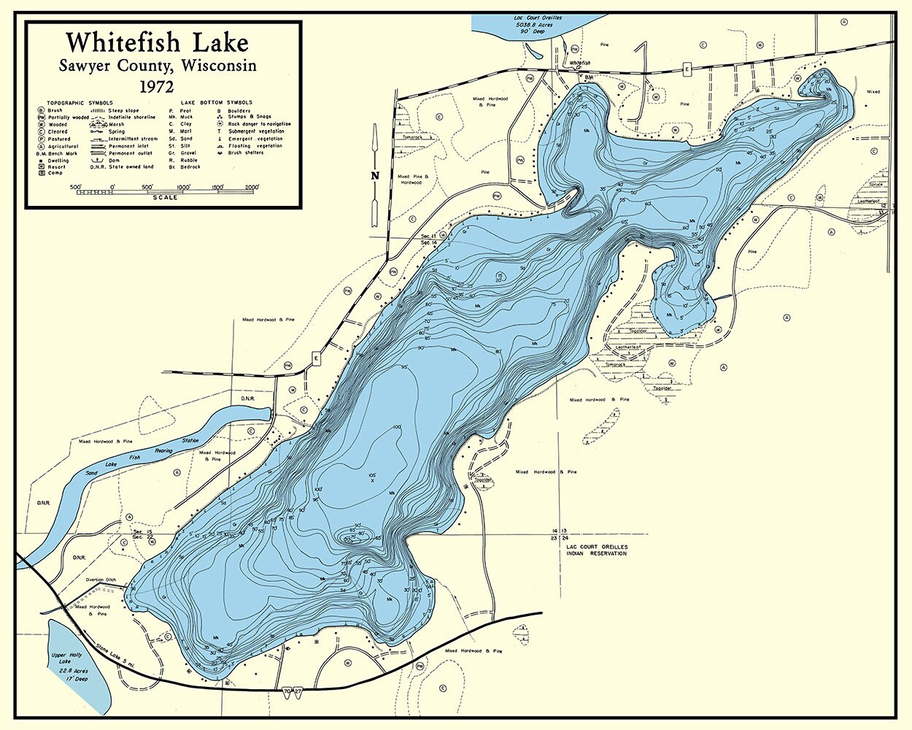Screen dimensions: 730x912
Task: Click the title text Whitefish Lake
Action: [x=157, y=43]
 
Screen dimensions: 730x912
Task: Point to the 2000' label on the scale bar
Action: [x=252, y=187]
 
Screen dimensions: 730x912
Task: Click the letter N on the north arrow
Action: [x=375, y=175]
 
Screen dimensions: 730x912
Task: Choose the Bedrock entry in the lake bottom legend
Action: [x=189, y=167]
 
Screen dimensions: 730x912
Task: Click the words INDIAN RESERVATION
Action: [x=596, y=553]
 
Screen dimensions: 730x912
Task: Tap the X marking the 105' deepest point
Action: [x=372, y=482]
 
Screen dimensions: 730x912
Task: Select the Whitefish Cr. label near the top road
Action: [x=581, y=64]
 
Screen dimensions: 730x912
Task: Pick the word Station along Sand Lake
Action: [x=190, y=441]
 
